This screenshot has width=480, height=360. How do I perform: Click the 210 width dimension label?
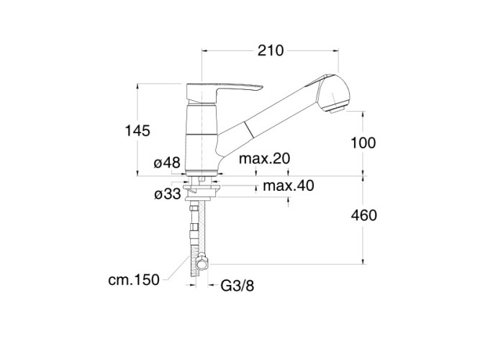pos(271,50)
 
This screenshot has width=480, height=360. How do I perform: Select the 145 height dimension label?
pos(137,131)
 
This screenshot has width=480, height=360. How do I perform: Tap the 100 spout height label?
pos(363,143)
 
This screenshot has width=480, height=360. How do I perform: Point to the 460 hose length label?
pos(363,215)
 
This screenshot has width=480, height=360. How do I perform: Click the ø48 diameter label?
pos(167,163)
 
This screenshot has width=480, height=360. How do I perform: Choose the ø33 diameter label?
pos(168,194)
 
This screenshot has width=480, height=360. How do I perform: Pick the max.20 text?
pos(264,158)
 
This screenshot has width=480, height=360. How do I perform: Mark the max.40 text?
pos(289,186)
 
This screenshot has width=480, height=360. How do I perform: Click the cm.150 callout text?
pos(134,280)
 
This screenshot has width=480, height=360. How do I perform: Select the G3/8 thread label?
pos(237,286)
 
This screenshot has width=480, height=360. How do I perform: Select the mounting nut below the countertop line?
pos(201,191)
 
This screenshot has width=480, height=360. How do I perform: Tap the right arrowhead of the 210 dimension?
pos(336,51)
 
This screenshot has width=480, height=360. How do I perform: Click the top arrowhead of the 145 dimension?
pos(137,86)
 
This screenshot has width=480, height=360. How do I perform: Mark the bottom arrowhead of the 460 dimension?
pos(363,261)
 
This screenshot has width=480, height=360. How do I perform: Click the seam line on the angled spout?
pos(248,130)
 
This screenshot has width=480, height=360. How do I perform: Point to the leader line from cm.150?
pos(178,269)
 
